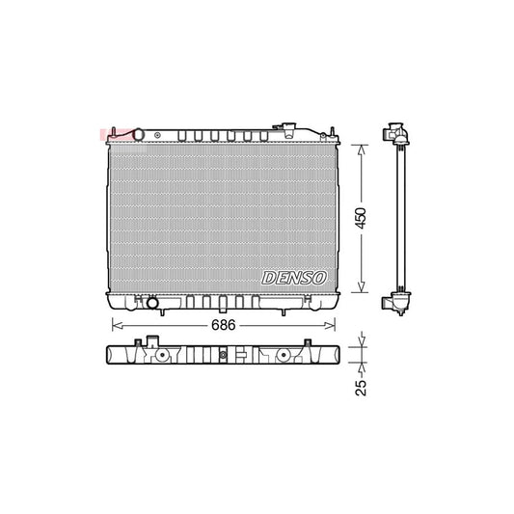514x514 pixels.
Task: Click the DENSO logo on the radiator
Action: [294, 277]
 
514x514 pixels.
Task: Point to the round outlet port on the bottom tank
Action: [151, 304]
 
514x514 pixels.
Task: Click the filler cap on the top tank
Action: [286, 128]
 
